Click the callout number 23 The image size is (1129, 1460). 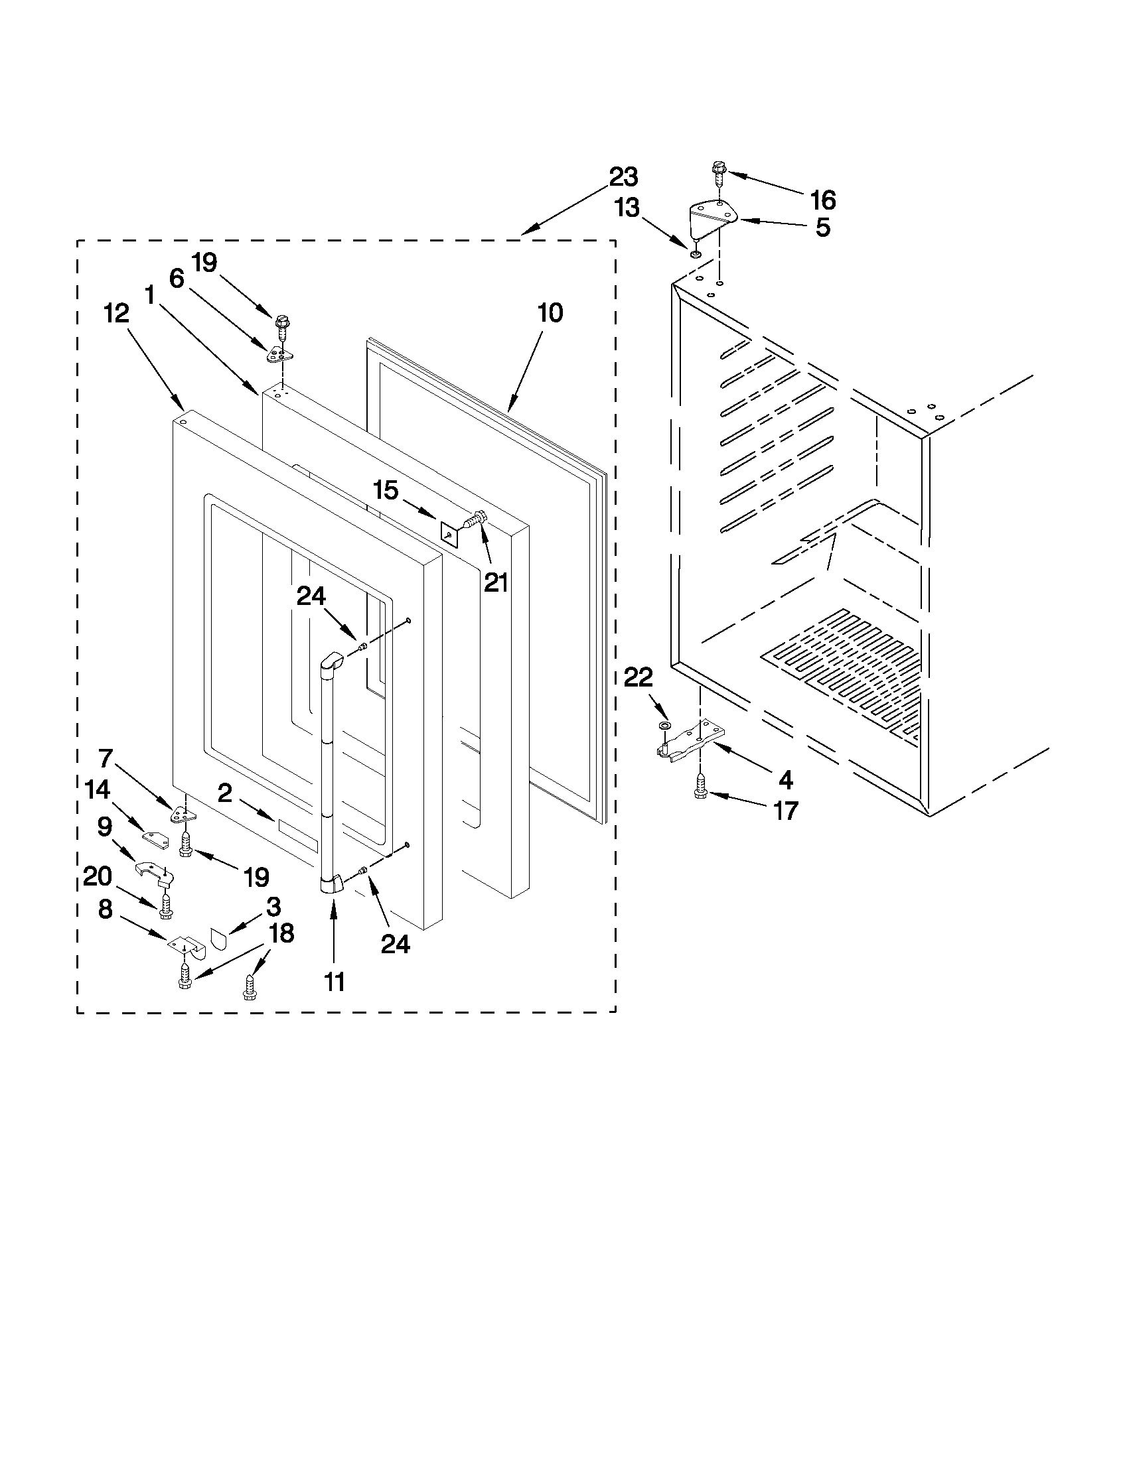click(x=623, y=178)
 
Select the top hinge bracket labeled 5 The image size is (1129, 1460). click(x=712, y=218)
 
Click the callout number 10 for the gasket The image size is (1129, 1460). click(x=550, y=312)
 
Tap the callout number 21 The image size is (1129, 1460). click(x=496, y=583)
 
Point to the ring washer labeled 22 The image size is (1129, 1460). click(x=663, y=726)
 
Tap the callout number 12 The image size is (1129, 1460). click(x=116, y=313)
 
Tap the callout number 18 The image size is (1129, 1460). click(x=281, y=933)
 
